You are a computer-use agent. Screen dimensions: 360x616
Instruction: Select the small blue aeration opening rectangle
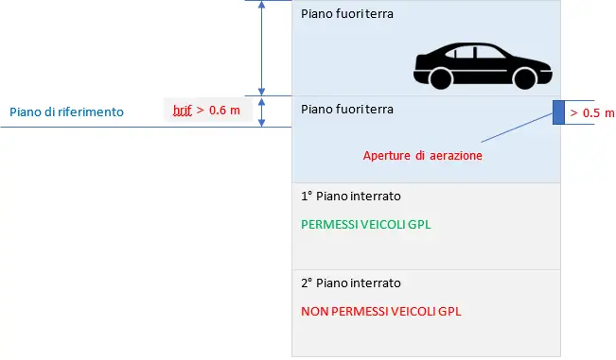click(557, 112)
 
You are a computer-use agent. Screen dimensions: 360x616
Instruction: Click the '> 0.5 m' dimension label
click(585, 113)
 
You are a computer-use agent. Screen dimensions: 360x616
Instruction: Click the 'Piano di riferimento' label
click(66, 111)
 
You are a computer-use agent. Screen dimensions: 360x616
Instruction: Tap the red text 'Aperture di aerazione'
click(423, 155)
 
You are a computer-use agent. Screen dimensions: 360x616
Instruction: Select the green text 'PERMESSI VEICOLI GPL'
click(360, 226)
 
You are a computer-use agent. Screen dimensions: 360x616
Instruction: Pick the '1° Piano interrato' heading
click(350, 197)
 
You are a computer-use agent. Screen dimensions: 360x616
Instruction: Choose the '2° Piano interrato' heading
click(350, 283)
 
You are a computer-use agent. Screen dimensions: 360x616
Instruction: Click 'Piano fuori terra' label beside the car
click(346, 14)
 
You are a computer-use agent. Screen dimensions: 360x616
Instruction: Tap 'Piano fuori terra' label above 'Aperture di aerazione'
click(346, 110)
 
